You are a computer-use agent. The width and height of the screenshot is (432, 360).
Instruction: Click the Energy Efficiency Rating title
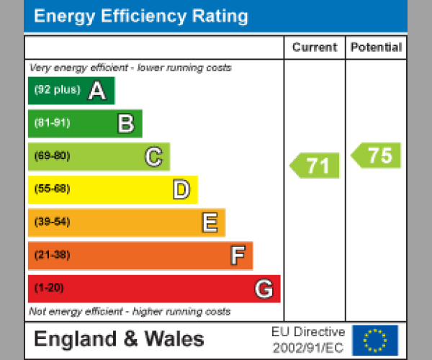(x=141, y=17)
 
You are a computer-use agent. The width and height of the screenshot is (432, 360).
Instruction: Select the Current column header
(x=314, y=48)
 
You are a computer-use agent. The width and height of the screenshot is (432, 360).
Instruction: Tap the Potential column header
(x=376, y=48)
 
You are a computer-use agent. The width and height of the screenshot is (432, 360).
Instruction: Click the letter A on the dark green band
(x=96, y=91)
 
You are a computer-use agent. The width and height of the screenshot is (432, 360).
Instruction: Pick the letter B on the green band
(x=125, y=124)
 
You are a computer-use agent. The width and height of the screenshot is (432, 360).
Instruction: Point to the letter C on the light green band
(x=153, y=157)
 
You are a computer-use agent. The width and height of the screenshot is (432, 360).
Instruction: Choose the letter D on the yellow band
(x=181, y=190)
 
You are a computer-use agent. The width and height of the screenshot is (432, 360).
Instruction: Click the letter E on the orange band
(x=209, y=223)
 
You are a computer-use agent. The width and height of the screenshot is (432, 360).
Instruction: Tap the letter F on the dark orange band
(x=237, y=256)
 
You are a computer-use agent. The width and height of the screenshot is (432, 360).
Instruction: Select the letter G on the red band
(x=264, y=289)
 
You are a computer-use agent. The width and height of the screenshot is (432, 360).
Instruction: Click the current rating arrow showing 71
(x=315, y=166)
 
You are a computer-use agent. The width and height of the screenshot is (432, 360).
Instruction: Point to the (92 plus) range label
(x=57, y=91)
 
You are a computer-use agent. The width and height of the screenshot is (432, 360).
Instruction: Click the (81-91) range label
(x=52, y=123)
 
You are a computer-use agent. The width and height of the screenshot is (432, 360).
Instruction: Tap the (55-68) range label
(x=52, y=189)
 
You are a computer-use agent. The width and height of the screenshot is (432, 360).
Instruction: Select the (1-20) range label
(x=49, y=288)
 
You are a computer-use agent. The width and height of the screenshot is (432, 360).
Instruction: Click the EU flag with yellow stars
(x=374, y=340)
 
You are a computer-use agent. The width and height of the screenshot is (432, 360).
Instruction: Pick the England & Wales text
(x=119, y=339)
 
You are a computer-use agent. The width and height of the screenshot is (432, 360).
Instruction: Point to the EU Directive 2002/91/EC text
(x=308, y=340)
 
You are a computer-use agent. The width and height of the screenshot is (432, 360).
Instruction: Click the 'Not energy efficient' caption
(x=130, y=312)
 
